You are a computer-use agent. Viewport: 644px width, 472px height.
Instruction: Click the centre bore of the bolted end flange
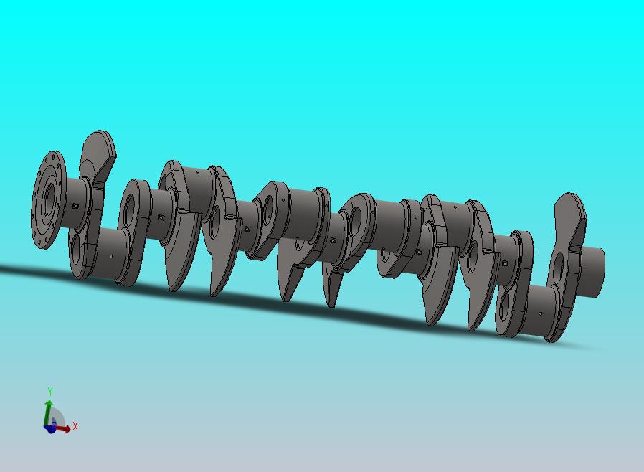point(49,199)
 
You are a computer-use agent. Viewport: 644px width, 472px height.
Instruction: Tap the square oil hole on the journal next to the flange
point(75,206)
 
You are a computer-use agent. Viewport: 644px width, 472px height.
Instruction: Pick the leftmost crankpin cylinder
point(110,253)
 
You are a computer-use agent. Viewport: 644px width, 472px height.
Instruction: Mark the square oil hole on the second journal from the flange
point(161,217)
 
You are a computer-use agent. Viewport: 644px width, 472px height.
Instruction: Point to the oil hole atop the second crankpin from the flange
point(197,173)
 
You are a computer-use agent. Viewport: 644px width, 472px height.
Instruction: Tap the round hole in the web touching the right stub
point(559,268)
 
